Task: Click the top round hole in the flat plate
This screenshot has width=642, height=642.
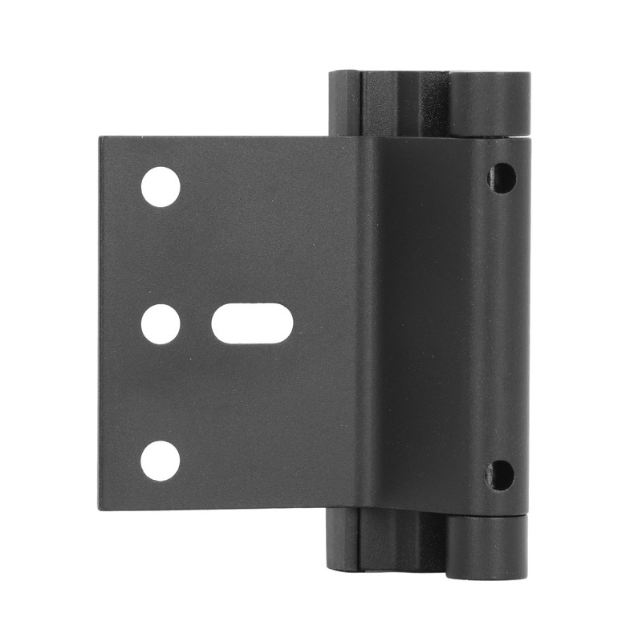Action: [x=160, y=187]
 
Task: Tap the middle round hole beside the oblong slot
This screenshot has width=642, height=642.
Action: [x=160, y=325]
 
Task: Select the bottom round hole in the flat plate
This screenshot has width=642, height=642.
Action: [x=160, y=461]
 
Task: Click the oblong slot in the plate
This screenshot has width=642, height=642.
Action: [x=252, y=325]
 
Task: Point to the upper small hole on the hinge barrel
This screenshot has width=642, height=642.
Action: [x=502, y=177]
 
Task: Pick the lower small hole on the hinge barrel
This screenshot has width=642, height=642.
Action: [x=501, y=475]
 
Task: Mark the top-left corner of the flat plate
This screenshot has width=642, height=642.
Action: [x=101, y=139]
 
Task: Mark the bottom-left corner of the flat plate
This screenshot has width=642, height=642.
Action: [x=101, y=508]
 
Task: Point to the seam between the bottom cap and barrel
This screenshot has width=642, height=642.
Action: [x=488, y=518]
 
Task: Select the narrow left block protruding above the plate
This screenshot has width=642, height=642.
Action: [x=343, y=103]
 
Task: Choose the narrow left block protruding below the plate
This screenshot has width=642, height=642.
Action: [x=343, y=539]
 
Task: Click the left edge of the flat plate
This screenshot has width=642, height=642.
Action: [x=100, y=325]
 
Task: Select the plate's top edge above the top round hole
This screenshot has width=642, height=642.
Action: [x=160, y=138]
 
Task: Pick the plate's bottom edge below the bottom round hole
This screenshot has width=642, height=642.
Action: [x=160, y=509]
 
